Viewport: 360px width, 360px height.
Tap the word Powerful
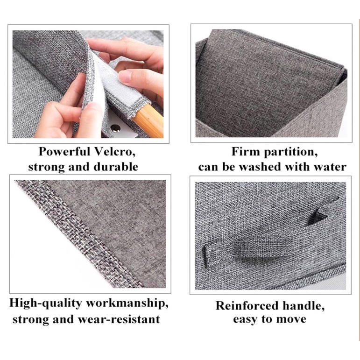pyautogui.click(x=64, y=152)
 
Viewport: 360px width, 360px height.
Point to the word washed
pyautogui.click(x=260, y=167)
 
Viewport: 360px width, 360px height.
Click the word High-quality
pyautogui.click(x=45, y=304)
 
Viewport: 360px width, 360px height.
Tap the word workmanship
pyautogui.click(x=127, y=304)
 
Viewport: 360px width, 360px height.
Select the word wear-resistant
pyautogui.click(x=119, y=319)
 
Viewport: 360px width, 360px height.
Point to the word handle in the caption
pyautogui.click(x=304, y=306)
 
